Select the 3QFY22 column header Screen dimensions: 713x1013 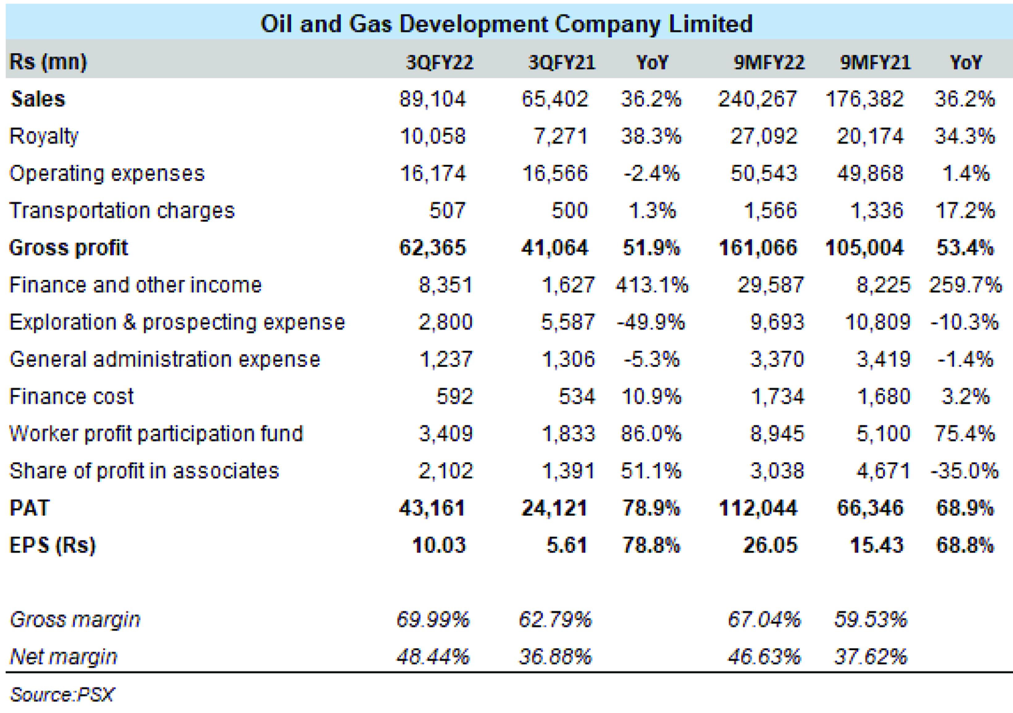coord(439,63)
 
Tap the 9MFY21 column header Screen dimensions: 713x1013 coord(875,63)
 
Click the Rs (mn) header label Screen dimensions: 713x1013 coord(48,62)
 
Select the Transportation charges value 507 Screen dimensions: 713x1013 coord(447,210)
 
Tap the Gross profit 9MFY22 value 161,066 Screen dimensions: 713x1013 coord(758,248)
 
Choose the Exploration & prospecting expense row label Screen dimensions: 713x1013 coord(177,322)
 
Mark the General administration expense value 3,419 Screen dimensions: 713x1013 coord(883,359)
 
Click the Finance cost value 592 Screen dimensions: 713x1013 coord(454,396)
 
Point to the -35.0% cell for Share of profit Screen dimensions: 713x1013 coord(965,471)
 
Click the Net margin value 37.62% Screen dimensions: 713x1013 coord(870,657)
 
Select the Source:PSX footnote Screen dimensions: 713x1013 coord(62,694)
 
